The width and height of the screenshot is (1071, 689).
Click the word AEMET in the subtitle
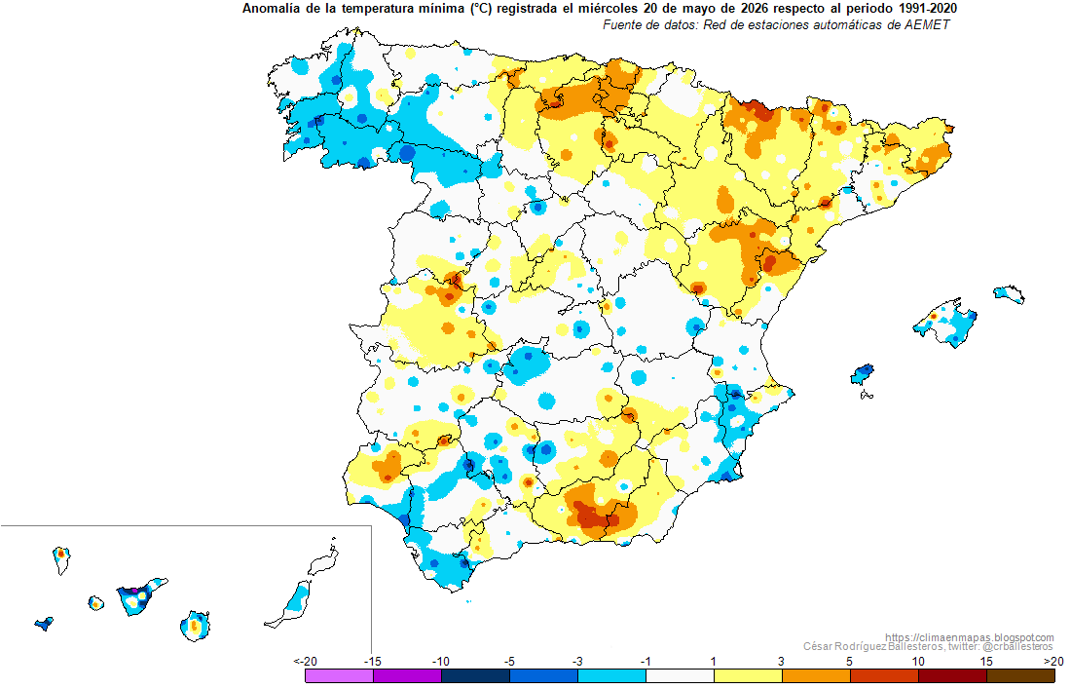tap(926, 24)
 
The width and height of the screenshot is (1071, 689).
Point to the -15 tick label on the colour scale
tap(372, 662)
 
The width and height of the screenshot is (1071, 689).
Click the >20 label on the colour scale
tap(1053, 662)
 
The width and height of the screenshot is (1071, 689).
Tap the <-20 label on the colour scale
tap(306, 662)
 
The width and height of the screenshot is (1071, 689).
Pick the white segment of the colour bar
tap(680, 676)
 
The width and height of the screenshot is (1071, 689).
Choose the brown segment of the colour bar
tap(1020, 676)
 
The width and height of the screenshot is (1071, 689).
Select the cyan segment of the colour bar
tap(612, 676)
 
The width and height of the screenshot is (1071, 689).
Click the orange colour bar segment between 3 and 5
tap(816, 676)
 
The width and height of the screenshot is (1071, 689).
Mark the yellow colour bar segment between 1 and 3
tap(748, 676)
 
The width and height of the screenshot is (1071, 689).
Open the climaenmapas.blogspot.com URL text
tap(969, 637)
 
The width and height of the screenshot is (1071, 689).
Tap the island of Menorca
tap(1009, 294)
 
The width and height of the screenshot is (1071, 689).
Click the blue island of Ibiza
tap(863, 374)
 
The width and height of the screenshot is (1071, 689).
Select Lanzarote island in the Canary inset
tap(323, 559)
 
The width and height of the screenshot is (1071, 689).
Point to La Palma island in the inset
tap(61, 559)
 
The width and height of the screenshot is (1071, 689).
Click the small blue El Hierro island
tap(45, 624)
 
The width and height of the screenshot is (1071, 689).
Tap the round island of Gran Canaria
tap(196, 626)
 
